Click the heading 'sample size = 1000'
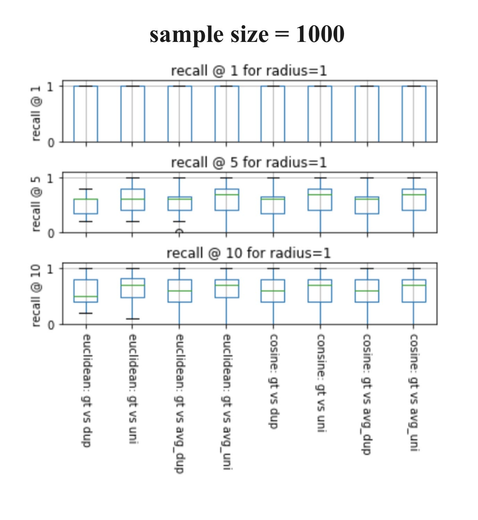coord(247,34)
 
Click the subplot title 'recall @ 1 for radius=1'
coord(249,71)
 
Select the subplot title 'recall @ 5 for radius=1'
coord(249,162)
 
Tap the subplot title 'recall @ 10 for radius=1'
coord(249,253)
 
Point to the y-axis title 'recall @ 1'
coord(36,113)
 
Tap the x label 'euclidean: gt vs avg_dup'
coord(179,403)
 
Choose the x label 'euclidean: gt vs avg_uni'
coord(226,402)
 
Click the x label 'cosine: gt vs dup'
coord(273,381)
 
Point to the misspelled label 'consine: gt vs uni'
coord(320,383)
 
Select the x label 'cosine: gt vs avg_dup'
coord(367,394)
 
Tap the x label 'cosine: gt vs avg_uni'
coord(414,392)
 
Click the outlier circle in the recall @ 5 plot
coord(179,232)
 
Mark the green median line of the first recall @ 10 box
coord(86,296)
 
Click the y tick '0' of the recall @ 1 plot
coord(51,142)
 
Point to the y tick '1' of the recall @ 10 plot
coord(51,269)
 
